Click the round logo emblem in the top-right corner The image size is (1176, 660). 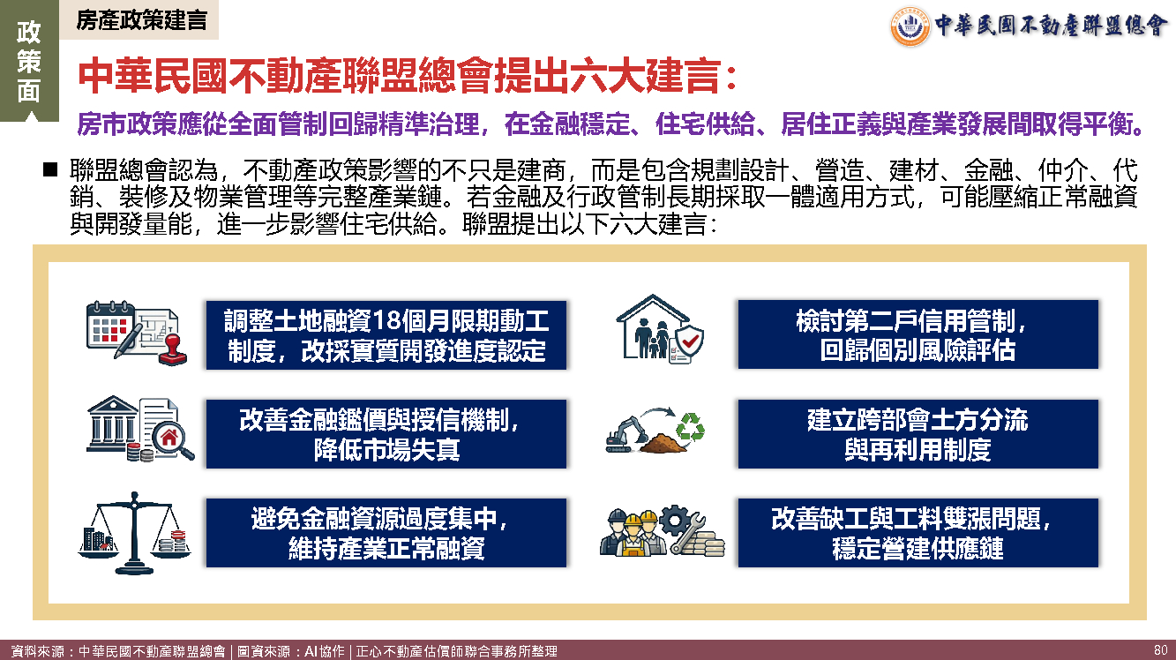click(x=910, y=26)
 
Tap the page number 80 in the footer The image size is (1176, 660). click(x=1161, y=650)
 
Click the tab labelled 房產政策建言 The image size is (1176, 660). click(x=139, y=20)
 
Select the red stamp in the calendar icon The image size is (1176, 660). click(x=173, y=349)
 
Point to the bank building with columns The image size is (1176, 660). click(x=113, y=424)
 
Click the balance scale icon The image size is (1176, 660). click(x=135, y=533)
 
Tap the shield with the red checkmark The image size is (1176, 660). click(x=689, y=341)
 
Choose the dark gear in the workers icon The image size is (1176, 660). click(x=675, y=521)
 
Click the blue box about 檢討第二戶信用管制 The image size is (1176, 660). click(x=918, y=334)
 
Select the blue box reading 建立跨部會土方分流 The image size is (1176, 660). click(x=918, y=434)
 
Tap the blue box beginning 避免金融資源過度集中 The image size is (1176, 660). click(x=386, y=532)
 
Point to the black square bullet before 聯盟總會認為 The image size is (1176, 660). click(x=50, y=169)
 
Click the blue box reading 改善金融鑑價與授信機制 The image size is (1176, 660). click(x=386, y=434)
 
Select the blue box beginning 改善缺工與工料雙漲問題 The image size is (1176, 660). click(x=918, y=532)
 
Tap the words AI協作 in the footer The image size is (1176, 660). click(x=325, y=651)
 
